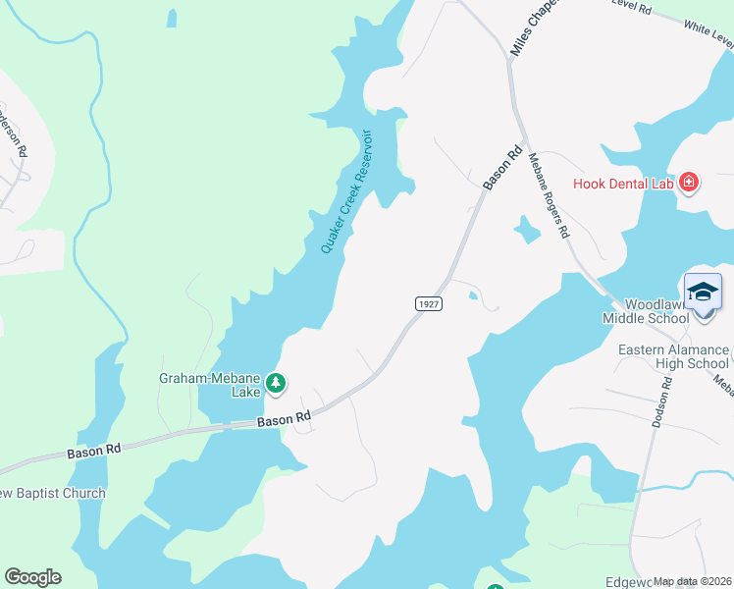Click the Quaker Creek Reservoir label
[347, 191]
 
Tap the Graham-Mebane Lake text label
[211, 384]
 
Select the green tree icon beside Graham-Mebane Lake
[277, 383]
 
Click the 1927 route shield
[427, 303]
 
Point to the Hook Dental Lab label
[624, 183]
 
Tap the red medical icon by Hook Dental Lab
[689, 183]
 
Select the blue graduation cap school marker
[703, 292]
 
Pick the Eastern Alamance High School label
[673, 356]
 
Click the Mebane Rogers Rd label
[549, 195]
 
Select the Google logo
[33, 577]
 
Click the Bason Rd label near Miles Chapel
[502, 168]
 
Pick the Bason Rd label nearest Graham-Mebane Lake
[285, 420]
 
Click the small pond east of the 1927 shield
[474, 294]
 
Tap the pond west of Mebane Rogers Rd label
[527, 230]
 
